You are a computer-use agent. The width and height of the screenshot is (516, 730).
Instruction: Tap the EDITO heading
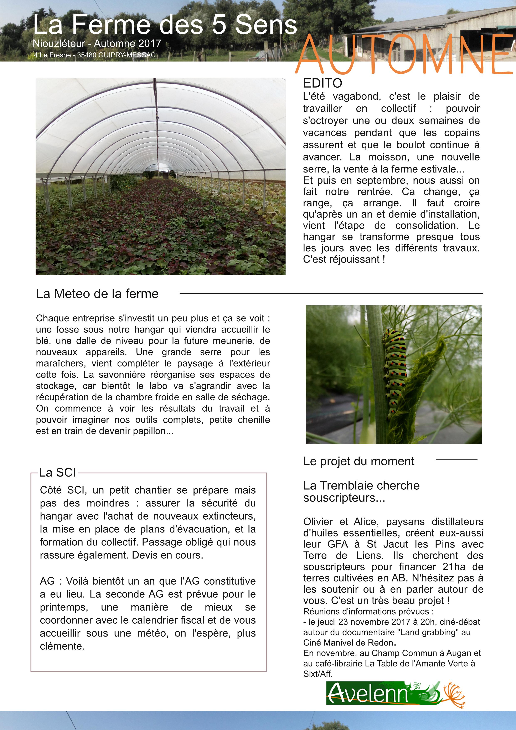point(322,83)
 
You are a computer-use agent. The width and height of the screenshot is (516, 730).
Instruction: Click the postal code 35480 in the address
point(87,55)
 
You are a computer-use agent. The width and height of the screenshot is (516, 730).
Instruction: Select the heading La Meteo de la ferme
point(97,293)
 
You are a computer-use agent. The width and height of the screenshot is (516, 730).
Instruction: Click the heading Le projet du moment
point(359,461)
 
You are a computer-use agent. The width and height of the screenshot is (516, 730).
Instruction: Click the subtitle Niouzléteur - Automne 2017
point(97,43)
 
